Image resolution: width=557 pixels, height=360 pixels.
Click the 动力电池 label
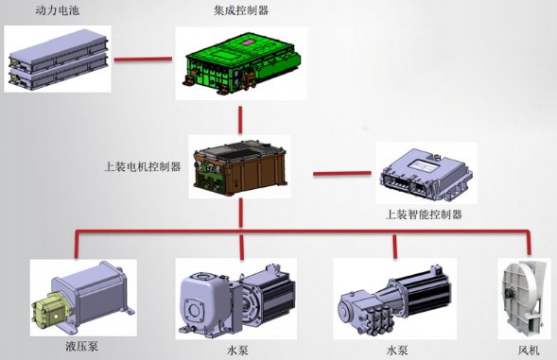click(32, 10)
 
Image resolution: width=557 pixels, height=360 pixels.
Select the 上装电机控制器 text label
click(142, 164)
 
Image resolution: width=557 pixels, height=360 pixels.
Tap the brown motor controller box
click(237, 166)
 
